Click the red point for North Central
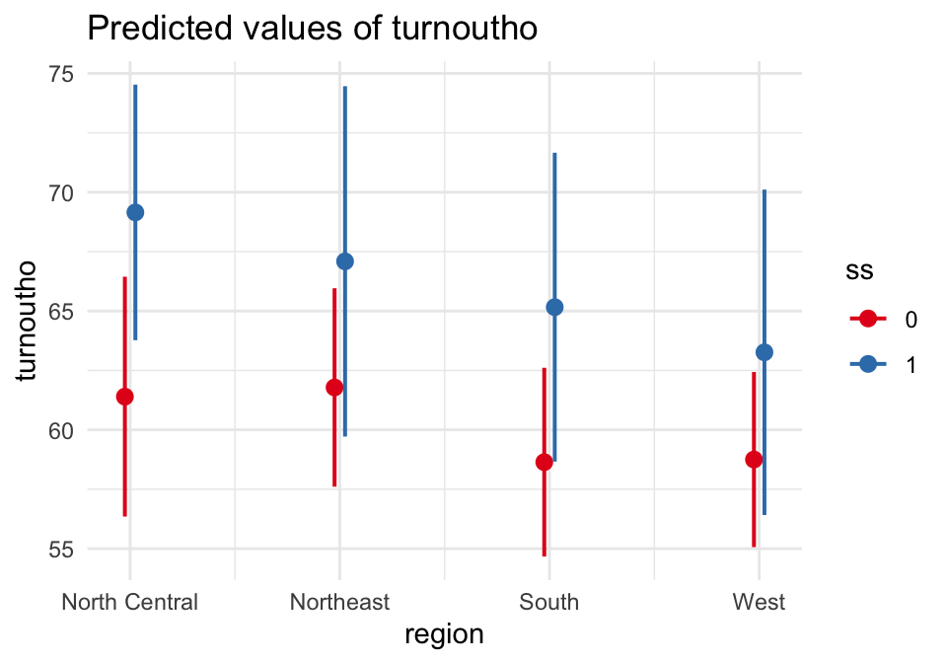(124, 397)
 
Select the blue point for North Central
(135, 212)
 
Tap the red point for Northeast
(334, 387)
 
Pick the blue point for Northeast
(344, 261)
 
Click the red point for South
(544, 462)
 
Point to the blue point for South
(554, 307)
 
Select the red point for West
(754, 459)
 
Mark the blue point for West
(765, 352)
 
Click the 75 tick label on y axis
(66, 74)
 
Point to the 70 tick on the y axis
(66, 192)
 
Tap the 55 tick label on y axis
(66, 549)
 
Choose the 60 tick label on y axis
(66, 430)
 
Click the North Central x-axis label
(129, 602)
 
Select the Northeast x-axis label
(339, 602)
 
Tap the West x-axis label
(759, 602)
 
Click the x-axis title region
(444, 634)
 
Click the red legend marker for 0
(868, 319)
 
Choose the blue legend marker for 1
(868, 364)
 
